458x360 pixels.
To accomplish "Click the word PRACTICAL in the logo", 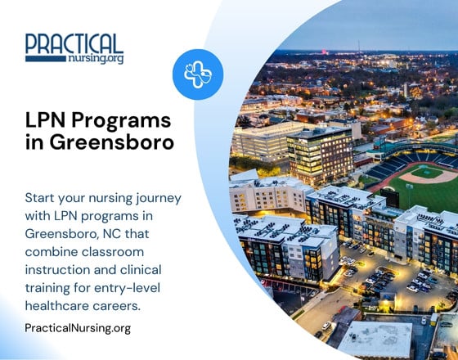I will point(74,43).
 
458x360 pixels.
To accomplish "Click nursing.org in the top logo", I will point(97,58).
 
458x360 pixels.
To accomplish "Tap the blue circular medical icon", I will point(198,74).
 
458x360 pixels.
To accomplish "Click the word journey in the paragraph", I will point(156,198).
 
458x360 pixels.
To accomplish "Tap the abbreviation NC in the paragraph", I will point(121,234).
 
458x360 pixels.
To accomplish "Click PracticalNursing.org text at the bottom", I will point(78,328).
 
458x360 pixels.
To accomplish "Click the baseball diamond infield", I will point(428,173).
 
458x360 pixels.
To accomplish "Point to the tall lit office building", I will point(320,155).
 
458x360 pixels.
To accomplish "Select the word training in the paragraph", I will point(50,288).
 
